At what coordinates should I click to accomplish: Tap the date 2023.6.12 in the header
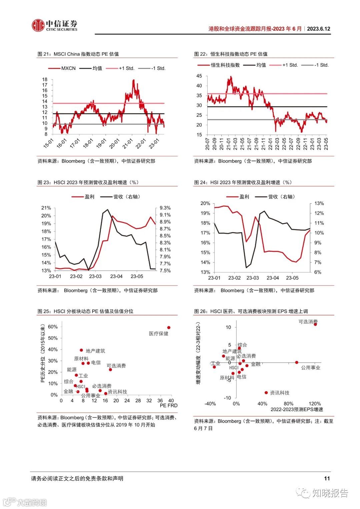pyautogui.click(x=318, y=29)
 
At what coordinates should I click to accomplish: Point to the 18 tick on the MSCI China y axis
pyautogui.click(x=45, y=79)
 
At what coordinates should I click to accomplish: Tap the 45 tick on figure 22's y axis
pyautogui.click(x=199, y=76)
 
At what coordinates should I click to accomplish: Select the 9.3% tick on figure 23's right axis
pyautogui.click(x=165, y=208)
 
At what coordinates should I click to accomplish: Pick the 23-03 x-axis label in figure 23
pyautogui.click(x=95, y=276)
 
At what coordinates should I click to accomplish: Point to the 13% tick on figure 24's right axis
pyautogui.click(x=319, y=203)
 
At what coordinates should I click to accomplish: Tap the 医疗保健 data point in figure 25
pyautogui.click(x=169, y=328)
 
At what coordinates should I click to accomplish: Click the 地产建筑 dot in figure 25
pyautogui.click(x=81, y=350)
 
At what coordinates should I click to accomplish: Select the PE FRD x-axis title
pyautogui.click(x=169, y=405)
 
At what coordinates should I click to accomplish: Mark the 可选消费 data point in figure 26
pyautogui.click(x=315, y=324)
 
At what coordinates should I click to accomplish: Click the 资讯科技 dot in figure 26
pyautogui.click(x=266, y=393)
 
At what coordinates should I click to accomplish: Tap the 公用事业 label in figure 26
pyautogui.click(x=311, y=367)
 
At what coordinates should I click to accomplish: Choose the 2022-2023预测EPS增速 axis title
pyautogui.click(x=297, y=409)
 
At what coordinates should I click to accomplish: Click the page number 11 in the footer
pyautogui.click(x=327, y=478)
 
